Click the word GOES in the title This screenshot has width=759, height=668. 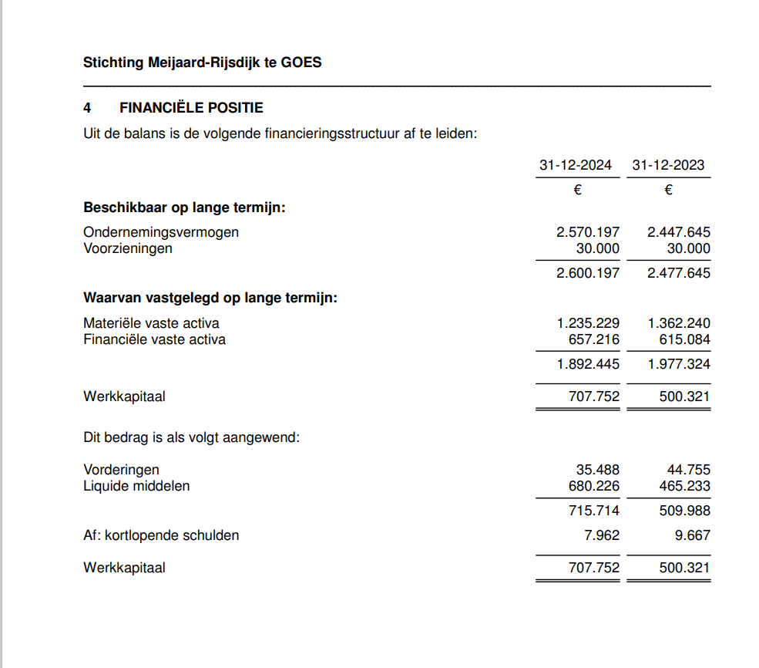pos(304,62)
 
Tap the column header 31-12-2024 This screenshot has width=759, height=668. pos(576,165)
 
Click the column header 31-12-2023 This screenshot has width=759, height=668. pos(668,165)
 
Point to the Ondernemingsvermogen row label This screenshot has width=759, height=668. pos(161,231)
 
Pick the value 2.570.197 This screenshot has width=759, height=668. pos(587,231)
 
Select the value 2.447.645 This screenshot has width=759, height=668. pos(679,231)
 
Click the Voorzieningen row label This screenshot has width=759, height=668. pos(128,248)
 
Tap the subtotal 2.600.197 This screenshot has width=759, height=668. pos(587,273)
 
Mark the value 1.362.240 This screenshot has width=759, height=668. pos(679,323)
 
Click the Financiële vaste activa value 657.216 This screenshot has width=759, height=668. pos(593,339)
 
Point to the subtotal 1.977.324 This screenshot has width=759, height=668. pos(679,364)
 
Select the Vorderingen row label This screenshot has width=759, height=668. pos(121,470)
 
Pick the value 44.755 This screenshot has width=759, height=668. pos(688,470)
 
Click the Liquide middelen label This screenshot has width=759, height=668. pos(136,486)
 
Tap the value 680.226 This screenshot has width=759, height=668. pos(593,486)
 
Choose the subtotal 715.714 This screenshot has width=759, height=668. pos(593,511)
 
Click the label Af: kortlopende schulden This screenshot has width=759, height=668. pos(161,535)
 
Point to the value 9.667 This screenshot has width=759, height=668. pos(692,535)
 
